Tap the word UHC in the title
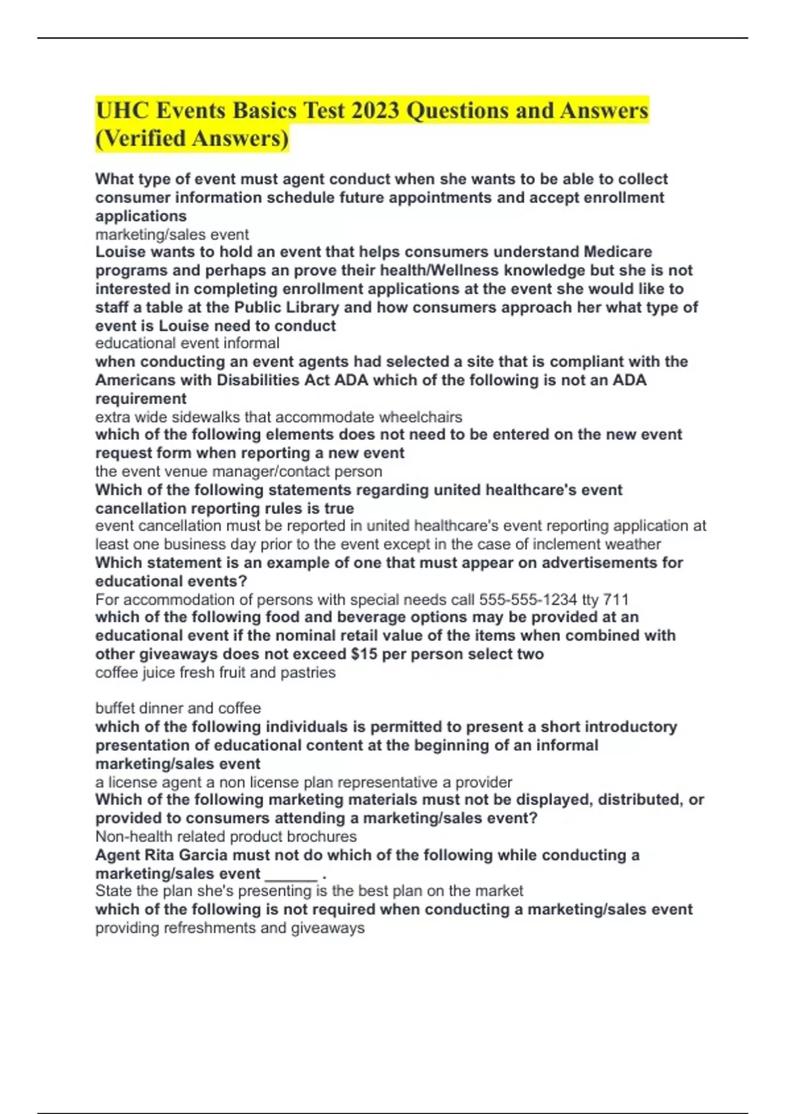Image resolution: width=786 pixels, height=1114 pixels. pos(122,110)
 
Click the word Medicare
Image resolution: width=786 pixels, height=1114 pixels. pos(618,252)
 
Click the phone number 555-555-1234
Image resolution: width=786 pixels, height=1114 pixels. pos(528,600)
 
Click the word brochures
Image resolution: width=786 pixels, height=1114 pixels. pos(323,836)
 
